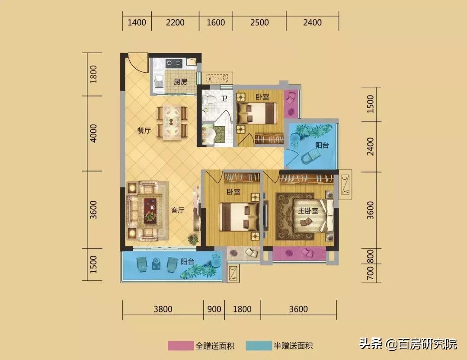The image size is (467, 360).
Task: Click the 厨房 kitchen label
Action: tap(180, 82)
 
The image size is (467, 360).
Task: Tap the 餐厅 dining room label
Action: tap(144, 131)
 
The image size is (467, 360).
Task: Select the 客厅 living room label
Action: tap(178, 210)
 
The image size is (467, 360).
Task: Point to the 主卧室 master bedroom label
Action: tap(308, 210)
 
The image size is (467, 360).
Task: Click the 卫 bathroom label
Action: tap(224, 99)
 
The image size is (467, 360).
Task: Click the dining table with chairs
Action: tap(172, 121)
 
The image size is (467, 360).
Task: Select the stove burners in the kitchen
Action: tap(174, 63)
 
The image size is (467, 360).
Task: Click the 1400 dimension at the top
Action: tap(137, 22)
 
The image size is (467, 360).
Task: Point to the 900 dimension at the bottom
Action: tap(214, 309)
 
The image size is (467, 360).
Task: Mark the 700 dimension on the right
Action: tap(370, 274)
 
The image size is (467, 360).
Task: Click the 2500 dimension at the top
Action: tap(259, 22)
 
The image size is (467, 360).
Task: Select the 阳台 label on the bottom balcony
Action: tap(187, 261)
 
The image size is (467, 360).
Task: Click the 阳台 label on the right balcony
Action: tap(322, 146)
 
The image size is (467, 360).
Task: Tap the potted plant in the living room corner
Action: tap(193, 239)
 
